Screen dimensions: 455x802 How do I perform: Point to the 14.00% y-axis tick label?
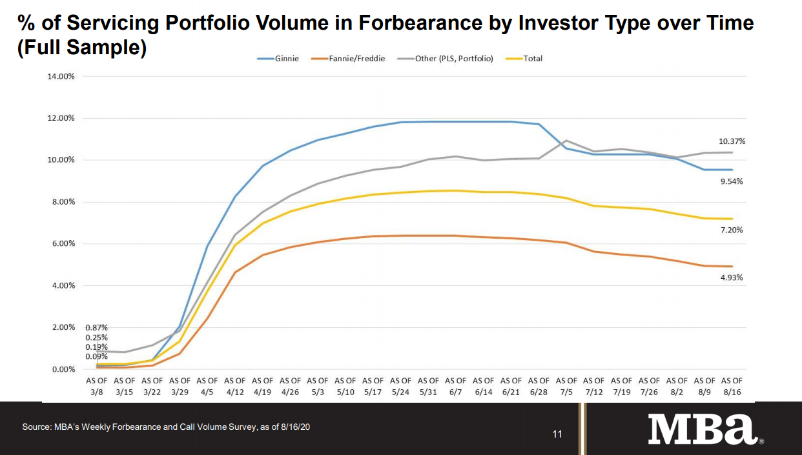tap(61, 76)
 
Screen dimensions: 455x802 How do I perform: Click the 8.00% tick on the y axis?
tap(63, 202)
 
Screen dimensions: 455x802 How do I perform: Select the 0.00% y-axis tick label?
tap(63, 370)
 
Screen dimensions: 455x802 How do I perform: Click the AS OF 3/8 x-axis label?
tap(97, 385)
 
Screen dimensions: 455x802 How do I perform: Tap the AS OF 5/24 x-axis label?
tap(400, 385)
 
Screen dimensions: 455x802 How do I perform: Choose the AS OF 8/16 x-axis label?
tap(732, 385)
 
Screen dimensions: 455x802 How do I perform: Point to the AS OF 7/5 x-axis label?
tap(566, 385)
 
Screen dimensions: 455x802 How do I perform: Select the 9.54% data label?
tap(732, 181)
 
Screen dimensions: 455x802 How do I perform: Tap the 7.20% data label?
tap(732, 230)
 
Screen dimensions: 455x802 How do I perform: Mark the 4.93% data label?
tap(732, 278)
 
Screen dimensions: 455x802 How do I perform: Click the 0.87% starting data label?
tap(96, 328)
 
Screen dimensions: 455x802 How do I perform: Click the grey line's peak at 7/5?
tap(566, 140)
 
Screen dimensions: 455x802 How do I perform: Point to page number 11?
tap(557, 434)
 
